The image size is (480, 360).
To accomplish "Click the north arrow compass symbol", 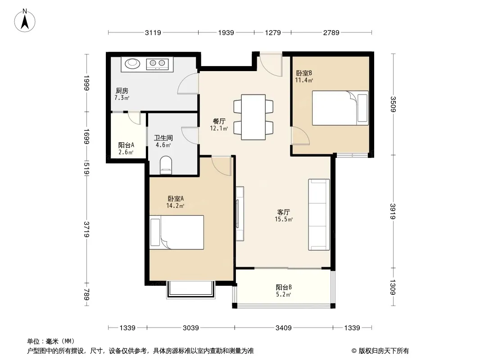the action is coord(25,21).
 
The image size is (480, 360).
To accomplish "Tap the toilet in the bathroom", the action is coord(166,165).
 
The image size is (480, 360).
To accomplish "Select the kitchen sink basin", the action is coord(132,63).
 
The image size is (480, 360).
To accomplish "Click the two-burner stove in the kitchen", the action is coord(157,63).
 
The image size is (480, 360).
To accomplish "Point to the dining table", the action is coord(253,117).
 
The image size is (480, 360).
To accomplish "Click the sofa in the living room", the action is coord(319,214).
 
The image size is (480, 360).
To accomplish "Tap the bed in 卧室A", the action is coord(177,233).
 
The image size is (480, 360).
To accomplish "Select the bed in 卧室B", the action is coord(340,108).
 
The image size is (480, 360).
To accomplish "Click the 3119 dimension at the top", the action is coord(153,32).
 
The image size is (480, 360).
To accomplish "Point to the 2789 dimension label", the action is coord(331,32).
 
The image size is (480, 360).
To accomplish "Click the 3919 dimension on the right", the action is coord(393,211).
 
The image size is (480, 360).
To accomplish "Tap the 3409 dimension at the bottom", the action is coord(284,328).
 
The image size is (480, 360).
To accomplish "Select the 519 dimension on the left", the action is coord(86,169).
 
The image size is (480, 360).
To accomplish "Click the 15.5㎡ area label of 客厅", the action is coord(284,219).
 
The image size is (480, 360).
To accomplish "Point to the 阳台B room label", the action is coord(284,287).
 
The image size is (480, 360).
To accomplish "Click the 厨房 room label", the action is coord(122,90).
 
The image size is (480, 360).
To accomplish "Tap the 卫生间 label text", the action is coord(163,138).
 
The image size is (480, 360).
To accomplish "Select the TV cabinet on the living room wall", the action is coord(240,214).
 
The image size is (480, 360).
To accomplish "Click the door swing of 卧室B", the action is coord(300,135).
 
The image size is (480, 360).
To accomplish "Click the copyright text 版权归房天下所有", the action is coord(384,351).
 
